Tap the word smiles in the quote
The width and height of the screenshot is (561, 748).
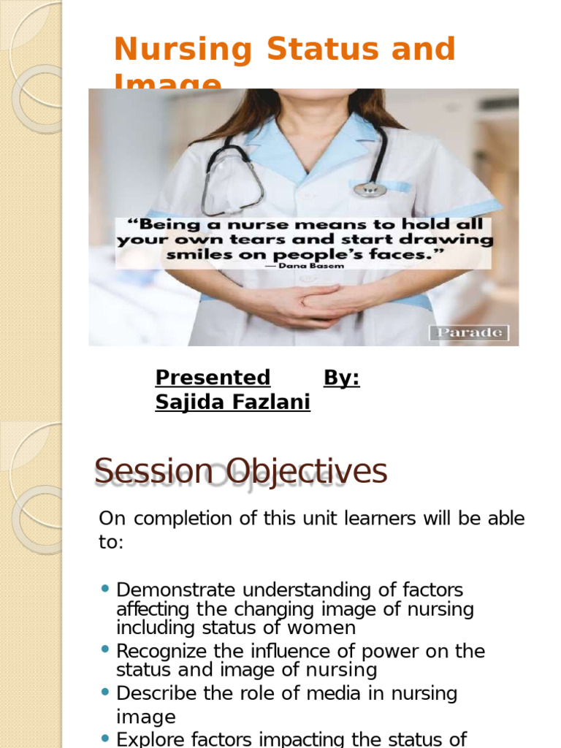(198, 255)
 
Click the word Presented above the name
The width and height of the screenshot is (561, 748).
(213, 378)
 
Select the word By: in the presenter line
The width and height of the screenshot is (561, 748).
(341, 378)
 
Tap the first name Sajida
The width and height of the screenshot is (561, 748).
(186, 402)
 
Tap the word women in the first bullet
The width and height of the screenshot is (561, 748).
(324, 627)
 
